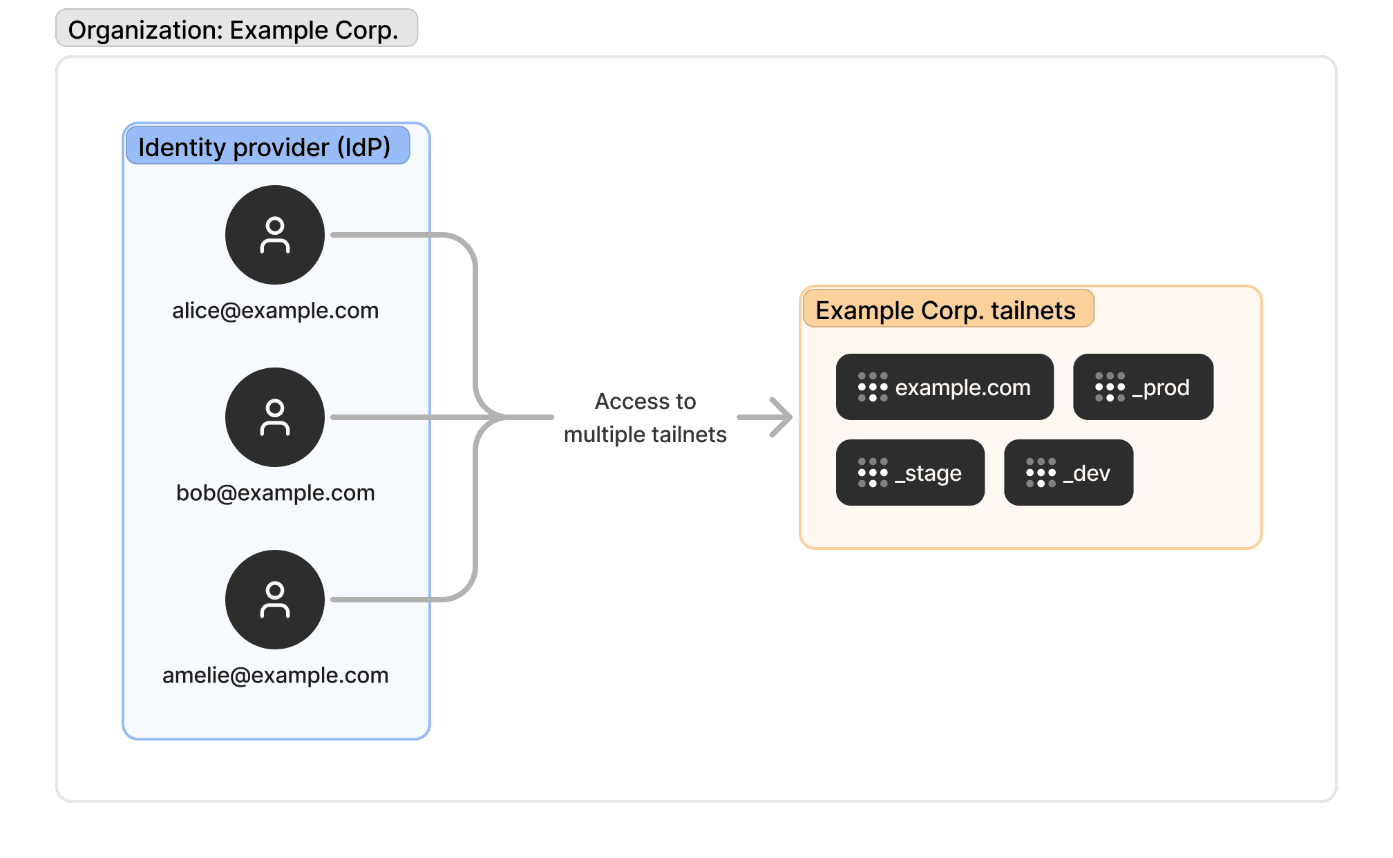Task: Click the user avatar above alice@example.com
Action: click(275, 235)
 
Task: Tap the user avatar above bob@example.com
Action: click(275, 417)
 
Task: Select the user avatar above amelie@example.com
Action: click(275, 600)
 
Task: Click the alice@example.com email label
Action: click(275, 311)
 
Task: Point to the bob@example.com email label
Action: click(275, 493)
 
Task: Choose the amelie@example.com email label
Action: click(275, 676)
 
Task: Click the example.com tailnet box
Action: click(945, 387)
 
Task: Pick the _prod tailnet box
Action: click(1143, 387)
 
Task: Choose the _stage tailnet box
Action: click(910, 473)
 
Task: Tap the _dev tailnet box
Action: click(1068, 473)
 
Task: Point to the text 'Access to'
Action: click(645, 401)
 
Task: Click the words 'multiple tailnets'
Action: click(645, 435)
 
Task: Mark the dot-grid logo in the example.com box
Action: click(873, 387)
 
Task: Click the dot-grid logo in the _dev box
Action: click(1041, 473)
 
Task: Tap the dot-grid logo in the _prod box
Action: click(1110, 387)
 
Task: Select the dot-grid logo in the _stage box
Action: click(873, 473)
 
